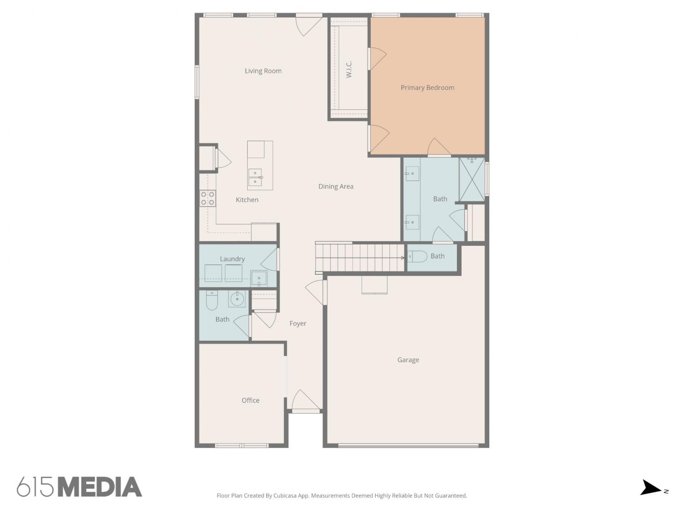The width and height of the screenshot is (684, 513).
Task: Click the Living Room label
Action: click(x=263, y=71)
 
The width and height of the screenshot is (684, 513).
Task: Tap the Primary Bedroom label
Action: click(x=427, y=88)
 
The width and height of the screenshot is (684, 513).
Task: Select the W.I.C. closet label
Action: click(x=349, y=69)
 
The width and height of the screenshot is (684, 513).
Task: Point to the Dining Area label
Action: click(x=336, y=186)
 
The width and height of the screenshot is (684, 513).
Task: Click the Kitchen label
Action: click(x=247, y=200)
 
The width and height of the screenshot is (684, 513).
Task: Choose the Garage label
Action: click(x=408, y=360)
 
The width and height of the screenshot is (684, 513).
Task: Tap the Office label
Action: click(x=250, y=400)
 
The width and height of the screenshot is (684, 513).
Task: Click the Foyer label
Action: click(x=298, y=323)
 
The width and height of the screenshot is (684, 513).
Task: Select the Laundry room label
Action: click(x=232, y=259)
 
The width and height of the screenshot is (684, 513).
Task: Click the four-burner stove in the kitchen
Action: click(x=207, y=198)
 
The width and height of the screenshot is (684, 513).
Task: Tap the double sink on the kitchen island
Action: click(x=255, y=177)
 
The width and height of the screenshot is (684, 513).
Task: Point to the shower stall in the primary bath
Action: click(x=472, y=179)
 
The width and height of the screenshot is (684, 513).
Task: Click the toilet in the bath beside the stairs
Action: click(x=417, y=257)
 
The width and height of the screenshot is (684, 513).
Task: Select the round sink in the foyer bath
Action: click(x=237, y=299)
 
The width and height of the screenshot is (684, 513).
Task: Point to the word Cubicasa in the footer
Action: click(x=285, y=496)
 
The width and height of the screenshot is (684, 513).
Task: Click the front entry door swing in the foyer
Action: click(x=306, y=399)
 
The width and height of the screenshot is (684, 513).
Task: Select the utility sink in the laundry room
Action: click(x=259, y=278)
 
